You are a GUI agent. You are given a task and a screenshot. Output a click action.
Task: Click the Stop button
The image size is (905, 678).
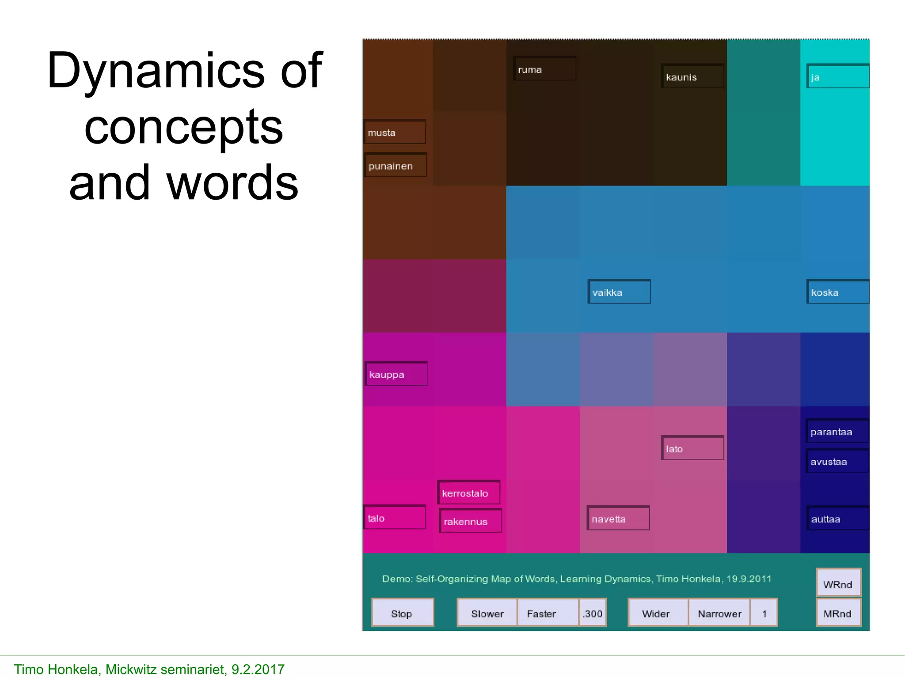point(402,613)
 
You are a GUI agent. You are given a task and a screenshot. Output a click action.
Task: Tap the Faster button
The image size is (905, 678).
point(547,613)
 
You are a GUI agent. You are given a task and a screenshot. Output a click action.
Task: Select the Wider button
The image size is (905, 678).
point(658,613)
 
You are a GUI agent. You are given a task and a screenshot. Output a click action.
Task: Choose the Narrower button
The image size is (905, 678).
point(719,613)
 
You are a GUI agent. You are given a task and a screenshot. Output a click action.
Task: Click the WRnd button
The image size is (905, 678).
point(838,583)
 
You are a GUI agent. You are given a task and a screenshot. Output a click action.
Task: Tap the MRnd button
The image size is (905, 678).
point(838,613)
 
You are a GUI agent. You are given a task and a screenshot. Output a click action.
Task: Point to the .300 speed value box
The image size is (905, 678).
point(593,613)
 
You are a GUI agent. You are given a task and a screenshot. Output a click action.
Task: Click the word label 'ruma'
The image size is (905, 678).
point(544,69)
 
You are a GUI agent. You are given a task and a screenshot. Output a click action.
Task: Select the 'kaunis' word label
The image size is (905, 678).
point(692,76)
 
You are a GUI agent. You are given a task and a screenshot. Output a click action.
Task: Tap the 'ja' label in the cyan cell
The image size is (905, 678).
point(837,76)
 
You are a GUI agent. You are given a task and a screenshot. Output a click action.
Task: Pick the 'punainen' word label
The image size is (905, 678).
point(395,166)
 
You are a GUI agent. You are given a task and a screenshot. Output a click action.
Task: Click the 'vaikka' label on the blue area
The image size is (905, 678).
point(619,292)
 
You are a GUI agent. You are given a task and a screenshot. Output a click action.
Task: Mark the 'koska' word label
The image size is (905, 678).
point(837,292)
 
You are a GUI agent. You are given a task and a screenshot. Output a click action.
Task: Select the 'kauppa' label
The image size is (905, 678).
point(396,374)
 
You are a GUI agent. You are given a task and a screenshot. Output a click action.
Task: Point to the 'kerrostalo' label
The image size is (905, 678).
point(468,492)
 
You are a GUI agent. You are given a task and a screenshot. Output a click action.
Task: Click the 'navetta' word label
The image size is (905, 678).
point(618,519)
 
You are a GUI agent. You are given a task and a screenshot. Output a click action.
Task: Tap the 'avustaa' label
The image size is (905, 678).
point(837,462)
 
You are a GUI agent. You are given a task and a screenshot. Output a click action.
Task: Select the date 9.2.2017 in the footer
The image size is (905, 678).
point(258,669)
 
